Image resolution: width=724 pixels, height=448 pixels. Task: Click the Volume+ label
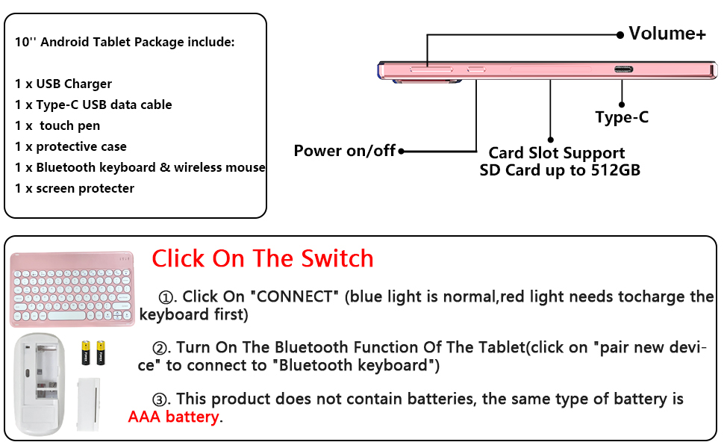(x=667, y=34)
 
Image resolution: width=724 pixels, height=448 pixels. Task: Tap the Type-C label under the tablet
(x=622, y=117)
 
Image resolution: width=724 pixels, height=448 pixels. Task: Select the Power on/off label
(x=344, y=151)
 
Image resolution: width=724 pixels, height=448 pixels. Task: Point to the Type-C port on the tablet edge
(x=622, y=70)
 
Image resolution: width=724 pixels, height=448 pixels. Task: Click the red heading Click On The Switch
(x=262, y=258)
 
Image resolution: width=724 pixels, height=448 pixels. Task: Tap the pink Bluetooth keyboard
(x=72, y=289)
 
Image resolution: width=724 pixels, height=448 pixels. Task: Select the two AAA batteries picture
(x=93, y=352)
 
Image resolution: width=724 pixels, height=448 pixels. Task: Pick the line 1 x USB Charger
(x=63, y=84)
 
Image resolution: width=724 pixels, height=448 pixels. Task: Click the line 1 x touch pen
(x=57, y=125)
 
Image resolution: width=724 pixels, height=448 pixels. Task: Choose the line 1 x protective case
(x=71, y=146)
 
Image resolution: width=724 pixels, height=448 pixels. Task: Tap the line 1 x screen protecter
(x=75, y=188)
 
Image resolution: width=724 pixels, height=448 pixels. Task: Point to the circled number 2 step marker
(x=160, y=349)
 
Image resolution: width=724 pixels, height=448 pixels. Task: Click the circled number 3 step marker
(x=160, y=399)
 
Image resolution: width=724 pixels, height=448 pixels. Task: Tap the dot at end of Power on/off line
(x=402, y=151)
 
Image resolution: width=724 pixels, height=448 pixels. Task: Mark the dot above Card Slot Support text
(x=551, y=139)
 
